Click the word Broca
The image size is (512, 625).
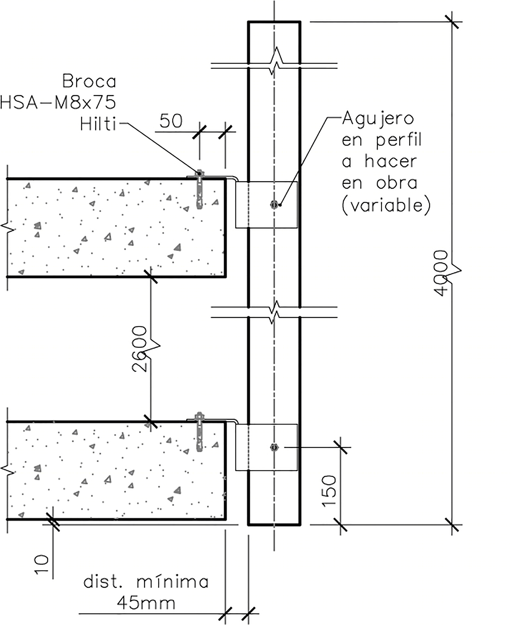coord(89,81)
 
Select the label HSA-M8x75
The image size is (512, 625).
coord(58,103)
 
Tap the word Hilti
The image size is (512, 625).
coord(98,124)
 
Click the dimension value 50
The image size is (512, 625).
coord(171,121)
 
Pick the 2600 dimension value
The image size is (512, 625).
coord(140,349)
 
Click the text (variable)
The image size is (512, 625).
coord(386,205)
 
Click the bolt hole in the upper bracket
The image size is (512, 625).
coord(274,204)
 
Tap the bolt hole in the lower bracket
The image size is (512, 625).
coord(274,447)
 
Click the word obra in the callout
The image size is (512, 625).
coord(397,183)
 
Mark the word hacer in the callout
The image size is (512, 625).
coord(390,161)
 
